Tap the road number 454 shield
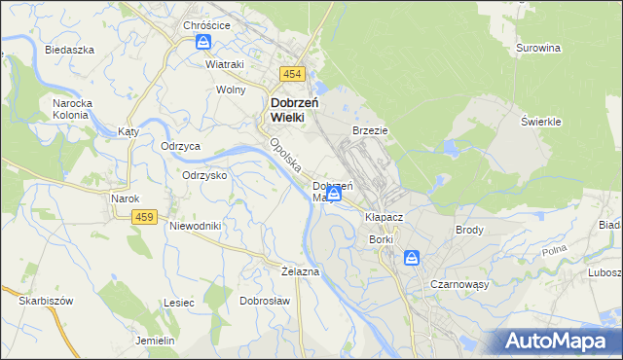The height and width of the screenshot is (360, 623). point(292,74)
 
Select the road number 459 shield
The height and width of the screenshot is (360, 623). point(145,216)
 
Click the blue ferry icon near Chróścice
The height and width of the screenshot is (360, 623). point(203,43)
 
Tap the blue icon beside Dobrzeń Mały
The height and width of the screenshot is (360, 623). point(334,196)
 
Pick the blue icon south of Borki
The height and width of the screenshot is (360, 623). point(412,258)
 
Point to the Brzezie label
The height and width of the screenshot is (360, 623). point(370,130)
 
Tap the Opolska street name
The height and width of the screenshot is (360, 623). point(283,153)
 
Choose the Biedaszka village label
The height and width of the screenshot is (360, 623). point(68,49)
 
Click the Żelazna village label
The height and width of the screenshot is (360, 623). point(299,270)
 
